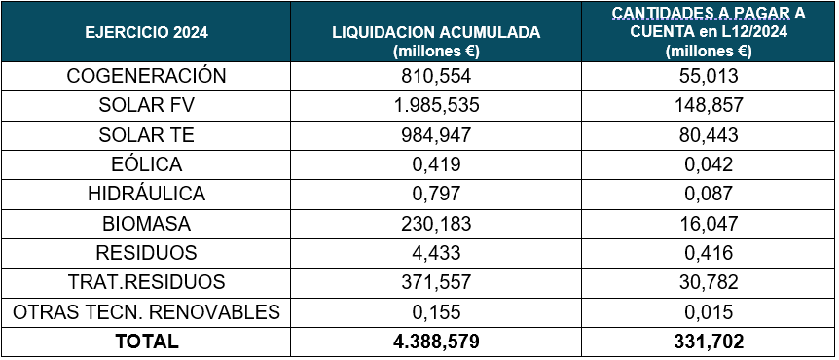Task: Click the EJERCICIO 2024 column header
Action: click(x=146, y=32)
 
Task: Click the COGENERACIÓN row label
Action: click(x=146, y=76)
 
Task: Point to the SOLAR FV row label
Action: click(x=146, y=105)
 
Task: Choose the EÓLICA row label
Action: click(x=146, y=164)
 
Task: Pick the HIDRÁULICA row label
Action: click(x=146, y=194)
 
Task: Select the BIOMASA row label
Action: click(x=146, y=224)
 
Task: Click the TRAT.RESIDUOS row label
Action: click(x=146, y=282)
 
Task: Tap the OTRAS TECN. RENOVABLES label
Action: click(x=146, y=311)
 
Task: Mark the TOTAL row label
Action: click(x=146, y=342)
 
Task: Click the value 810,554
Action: click(x=435, y=76)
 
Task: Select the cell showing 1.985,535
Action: click(x=435, y=105)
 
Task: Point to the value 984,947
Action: click(x=435, y=135)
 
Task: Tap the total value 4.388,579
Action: click(x=435, y=342)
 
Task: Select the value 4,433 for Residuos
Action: click(x=435, y=253)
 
